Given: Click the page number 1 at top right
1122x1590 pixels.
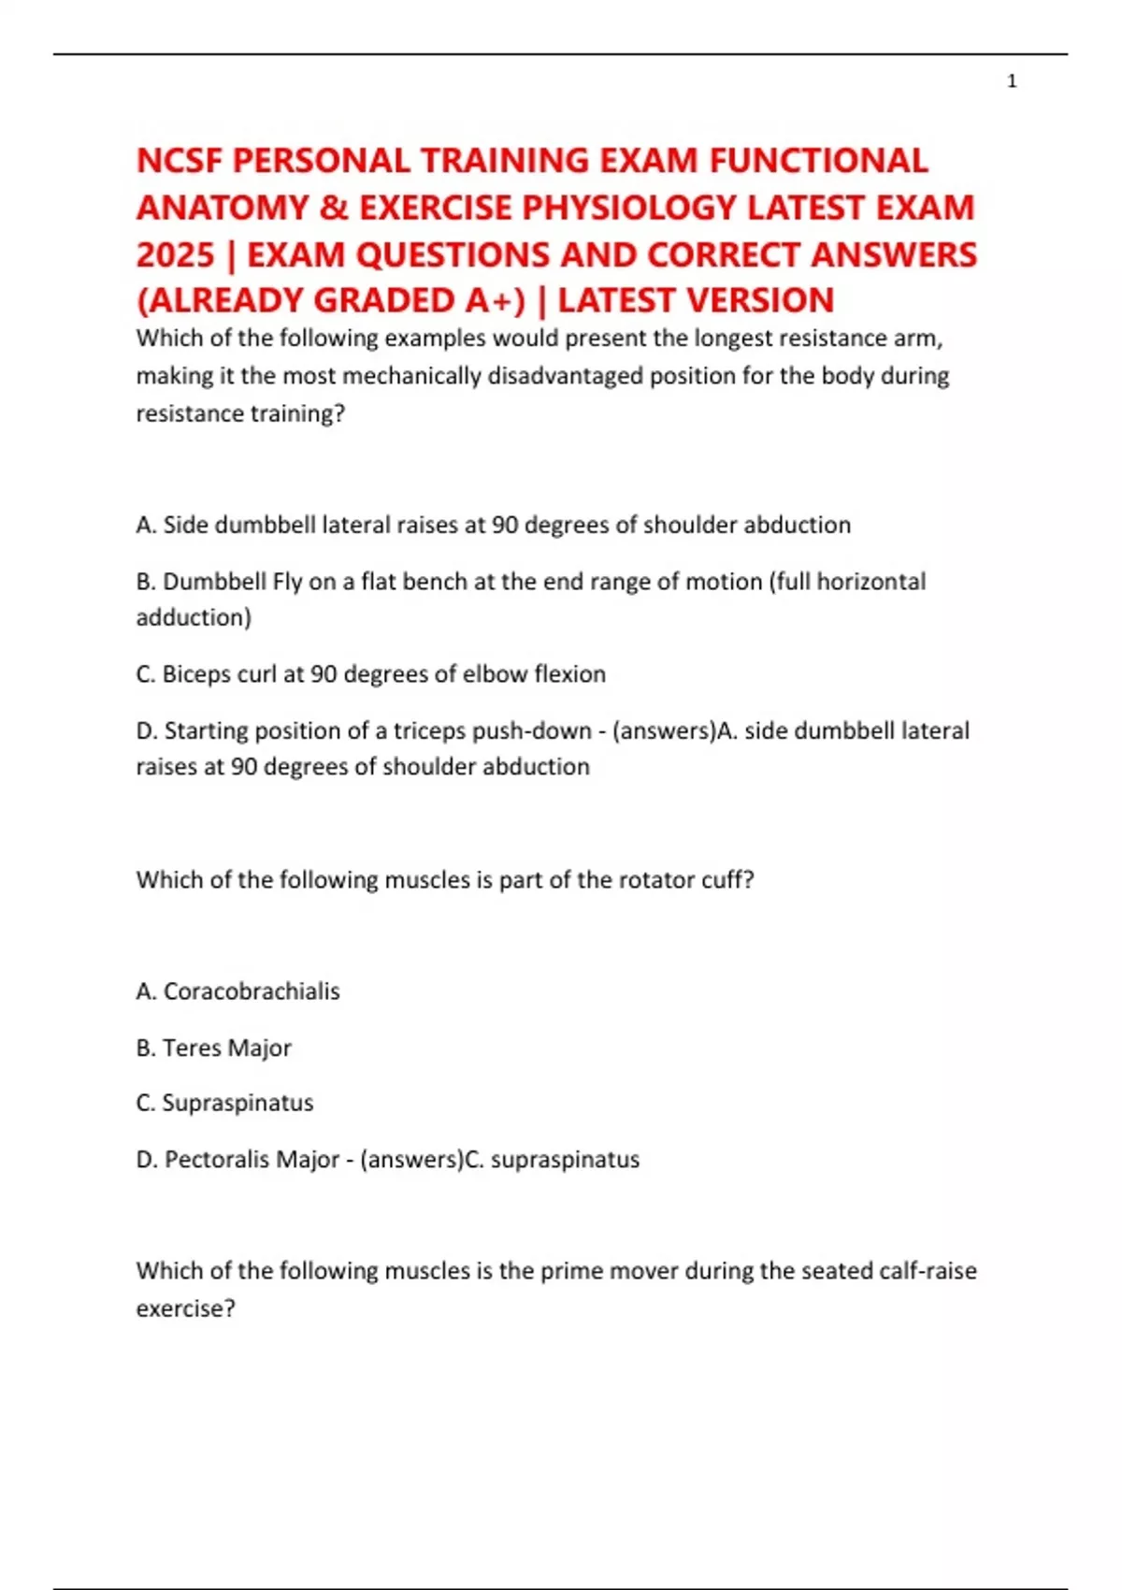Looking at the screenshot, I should tap(1012, 81).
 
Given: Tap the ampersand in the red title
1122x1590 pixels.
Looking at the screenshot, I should tap(332, 208).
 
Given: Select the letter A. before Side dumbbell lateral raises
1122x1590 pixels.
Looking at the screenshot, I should tap(146, 525).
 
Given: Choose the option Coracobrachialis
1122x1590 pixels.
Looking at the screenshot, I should tap(252, 991).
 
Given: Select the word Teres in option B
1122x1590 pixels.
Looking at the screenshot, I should tap(191, 1048).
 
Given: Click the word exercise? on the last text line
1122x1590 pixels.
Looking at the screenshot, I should tap(185, 1308).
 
